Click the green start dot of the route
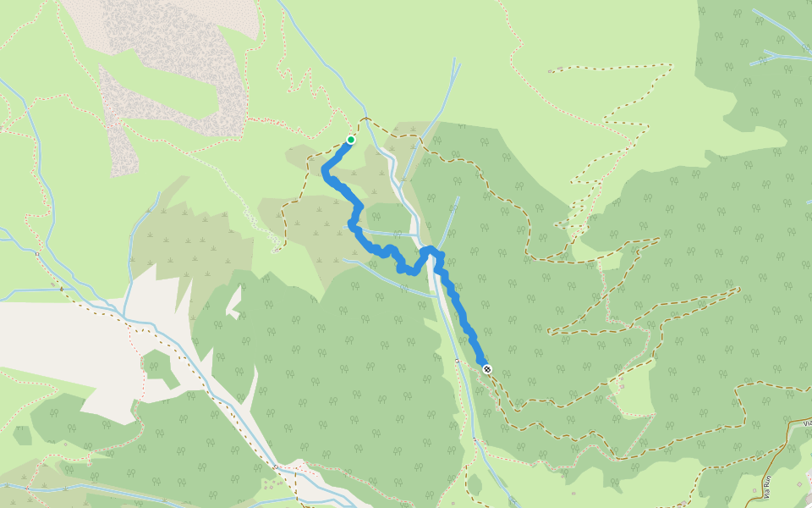click(350, 140)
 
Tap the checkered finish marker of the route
click(486, 368)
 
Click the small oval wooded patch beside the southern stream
click(475, 484)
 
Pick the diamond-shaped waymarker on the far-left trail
click(39, 253)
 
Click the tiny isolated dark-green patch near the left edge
click(23, 437)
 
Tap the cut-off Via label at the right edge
click(806, 422)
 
